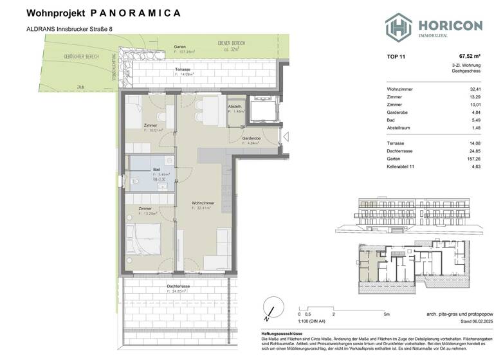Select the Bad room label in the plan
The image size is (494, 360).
[156, 169]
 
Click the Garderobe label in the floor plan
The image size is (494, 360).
[251, 138]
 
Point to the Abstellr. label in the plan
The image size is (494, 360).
[235, 106]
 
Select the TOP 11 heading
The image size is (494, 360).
[396, 56]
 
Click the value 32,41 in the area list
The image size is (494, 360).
[475, 89]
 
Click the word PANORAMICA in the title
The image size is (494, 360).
[136, 13]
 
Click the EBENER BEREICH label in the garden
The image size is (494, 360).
[232, 43]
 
